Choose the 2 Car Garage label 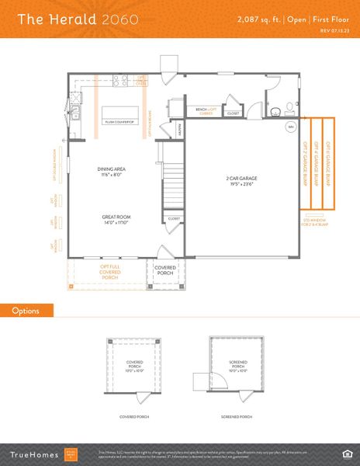[241, 180]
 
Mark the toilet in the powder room [287, 107]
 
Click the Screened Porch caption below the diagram [236, 417]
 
